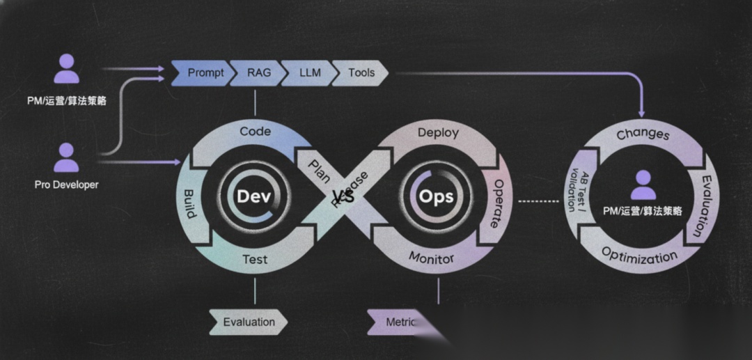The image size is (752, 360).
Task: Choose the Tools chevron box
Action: click(361, 73)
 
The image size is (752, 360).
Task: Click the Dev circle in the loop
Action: click(253, 196)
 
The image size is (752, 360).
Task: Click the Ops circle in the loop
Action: click(436, 196)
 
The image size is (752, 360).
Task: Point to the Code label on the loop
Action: click(255, 131)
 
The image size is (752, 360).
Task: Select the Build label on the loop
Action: click(189, 203)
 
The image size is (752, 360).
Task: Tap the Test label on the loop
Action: click(255, 260)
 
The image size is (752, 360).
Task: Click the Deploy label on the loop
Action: click(438, 132)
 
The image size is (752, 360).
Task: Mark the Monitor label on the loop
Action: click(431, 258)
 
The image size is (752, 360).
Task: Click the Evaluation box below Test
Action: click(249, 322)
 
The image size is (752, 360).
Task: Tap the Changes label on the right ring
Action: click(643, 134)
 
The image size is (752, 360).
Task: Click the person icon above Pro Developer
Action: click(66, 157)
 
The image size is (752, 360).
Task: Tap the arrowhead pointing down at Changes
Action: click(641, 112)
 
